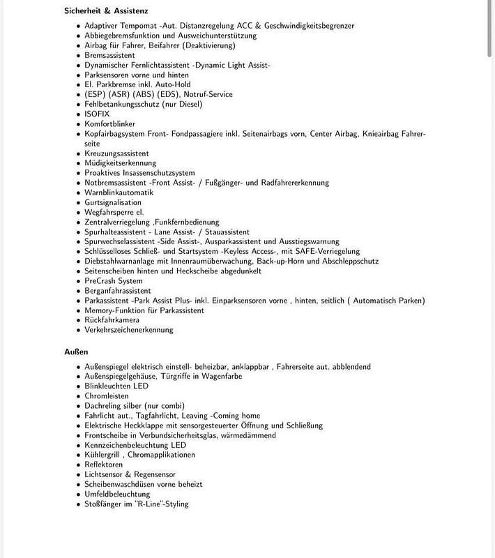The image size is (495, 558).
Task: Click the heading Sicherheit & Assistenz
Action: click(106, 11)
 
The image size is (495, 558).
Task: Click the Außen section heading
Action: click(76, 352)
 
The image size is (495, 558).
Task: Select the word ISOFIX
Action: click(98, 114)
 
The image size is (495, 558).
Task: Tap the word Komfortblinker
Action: click(111, 123)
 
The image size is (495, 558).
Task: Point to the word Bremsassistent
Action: click(110, 55)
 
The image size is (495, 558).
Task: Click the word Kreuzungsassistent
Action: click(117, 153)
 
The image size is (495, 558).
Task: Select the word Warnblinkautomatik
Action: click(119, 193)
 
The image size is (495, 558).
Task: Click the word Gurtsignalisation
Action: click(113, 202)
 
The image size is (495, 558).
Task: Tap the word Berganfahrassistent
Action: click(118, 291)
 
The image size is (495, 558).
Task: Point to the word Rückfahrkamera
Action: click(112, 320)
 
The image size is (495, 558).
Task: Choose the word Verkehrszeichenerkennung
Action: click(129, 330)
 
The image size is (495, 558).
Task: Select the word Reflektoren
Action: click(104, 465)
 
